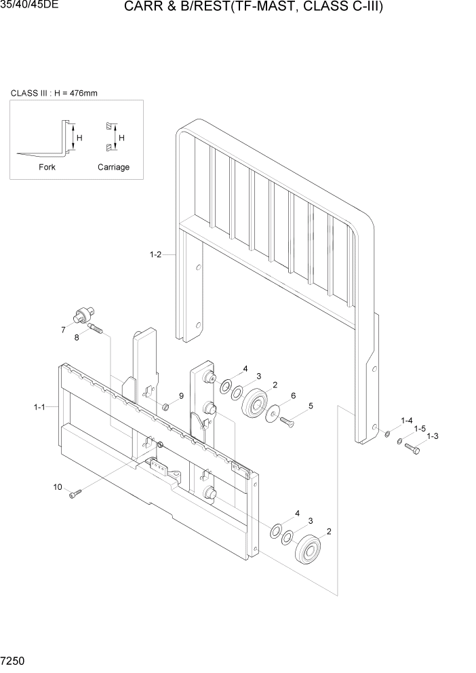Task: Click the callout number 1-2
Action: (155, 255)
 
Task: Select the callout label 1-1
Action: (39, 407)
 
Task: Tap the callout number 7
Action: (63, 330)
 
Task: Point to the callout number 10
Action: (58, 486)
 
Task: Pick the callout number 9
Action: (181, 396)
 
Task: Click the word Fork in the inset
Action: (47, 167)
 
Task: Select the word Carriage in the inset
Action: (113, 167)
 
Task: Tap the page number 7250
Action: (14, 660)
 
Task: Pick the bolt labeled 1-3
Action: (412, 448)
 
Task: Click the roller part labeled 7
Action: (83, 314)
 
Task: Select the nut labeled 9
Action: (165, 406)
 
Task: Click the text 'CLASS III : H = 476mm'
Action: (54, 93)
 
